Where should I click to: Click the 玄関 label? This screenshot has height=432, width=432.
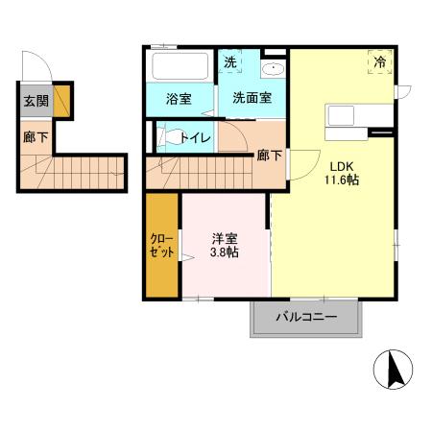(36, 101)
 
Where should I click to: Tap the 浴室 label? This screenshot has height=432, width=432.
(178, 98)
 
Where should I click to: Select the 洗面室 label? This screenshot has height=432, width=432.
(251, 98)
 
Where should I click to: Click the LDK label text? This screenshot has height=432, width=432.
(341, 164)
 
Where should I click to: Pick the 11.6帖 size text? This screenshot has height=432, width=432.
(341, 180)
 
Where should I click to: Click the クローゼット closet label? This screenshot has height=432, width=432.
(162, 246)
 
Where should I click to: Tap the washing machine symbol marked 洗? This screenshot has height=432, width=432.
(230, 62)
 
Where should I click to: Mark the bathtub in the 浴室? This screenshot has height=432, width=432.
(180, 67)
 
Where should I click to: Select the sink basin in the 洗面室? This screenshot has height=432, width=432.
(272, 69)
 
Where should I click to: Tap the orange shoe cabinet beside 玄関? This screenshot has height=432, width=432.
(61, 100)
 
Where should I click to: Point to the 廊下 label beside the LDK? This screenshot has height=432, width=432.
(268, 156)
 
